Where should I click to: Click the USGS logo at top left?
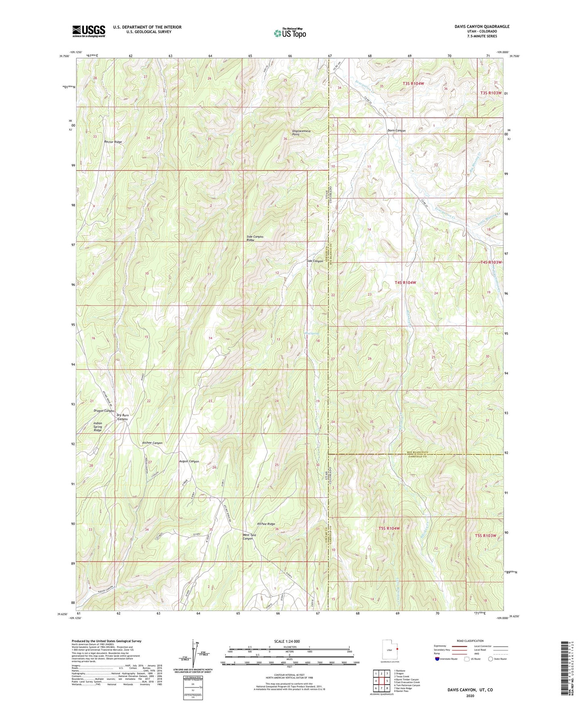[x=89, y=31]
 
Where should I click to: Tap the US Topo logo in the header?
[x=289, y=33]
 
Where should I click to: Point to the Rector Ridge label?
[x=113, y=142]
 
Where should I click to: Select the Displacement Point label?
[x=301, y=133]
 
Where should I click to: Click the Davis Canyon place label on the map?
[x=396, y=131]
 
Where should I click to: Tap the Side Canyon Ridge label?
[x=255, y=238]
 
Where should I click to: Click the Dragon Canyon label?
[x=104, y=411]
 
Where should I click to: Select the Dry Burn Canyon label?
[x=123, y=417]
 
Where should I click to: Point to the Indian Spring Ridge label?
[x=98, y=427]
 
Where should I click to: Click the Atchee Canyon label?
[x=152, y=443]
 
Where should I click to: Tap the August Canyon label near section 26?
[x=189, y=461]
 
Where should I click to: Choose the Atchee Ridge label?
[x=266, y=524]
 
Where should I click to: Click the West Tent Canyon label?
[x=249, y=537]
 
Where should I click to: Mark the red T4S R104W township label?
[x=405, y=283]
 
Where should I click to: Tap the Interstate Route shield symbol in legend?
[x=437, y=659]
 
